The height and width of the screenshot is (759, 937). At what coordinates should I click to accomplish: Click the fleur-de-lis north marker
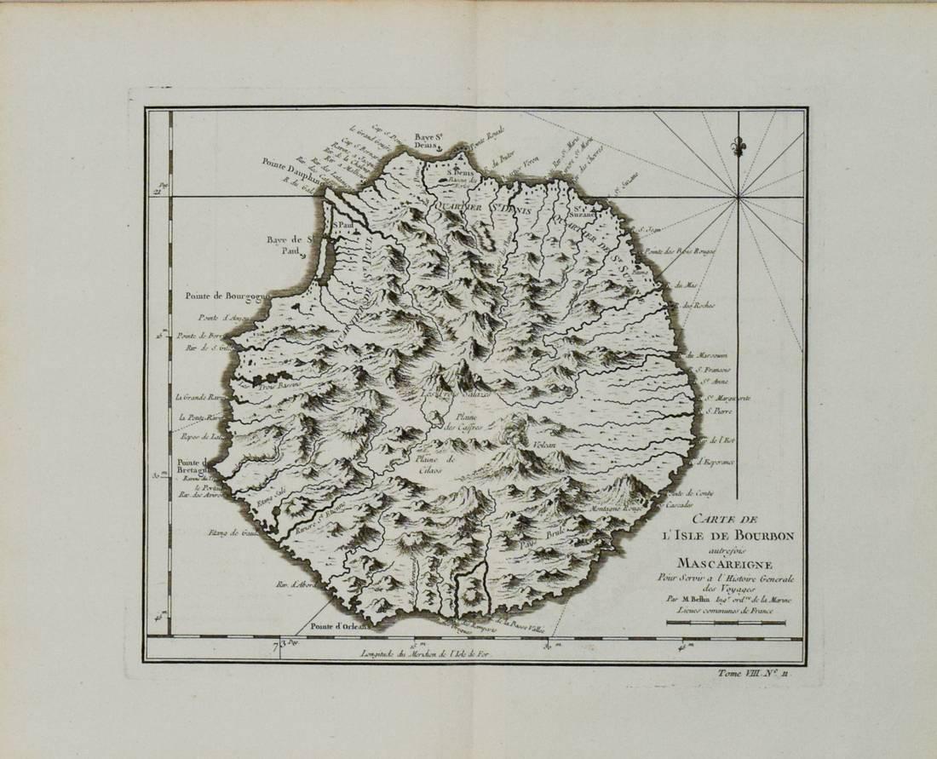739,146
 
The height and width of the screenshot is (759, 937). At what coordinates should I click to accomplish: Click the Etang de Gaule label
224,534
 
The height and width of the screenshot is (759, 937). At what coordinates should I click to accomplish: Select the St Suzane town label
582,211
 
